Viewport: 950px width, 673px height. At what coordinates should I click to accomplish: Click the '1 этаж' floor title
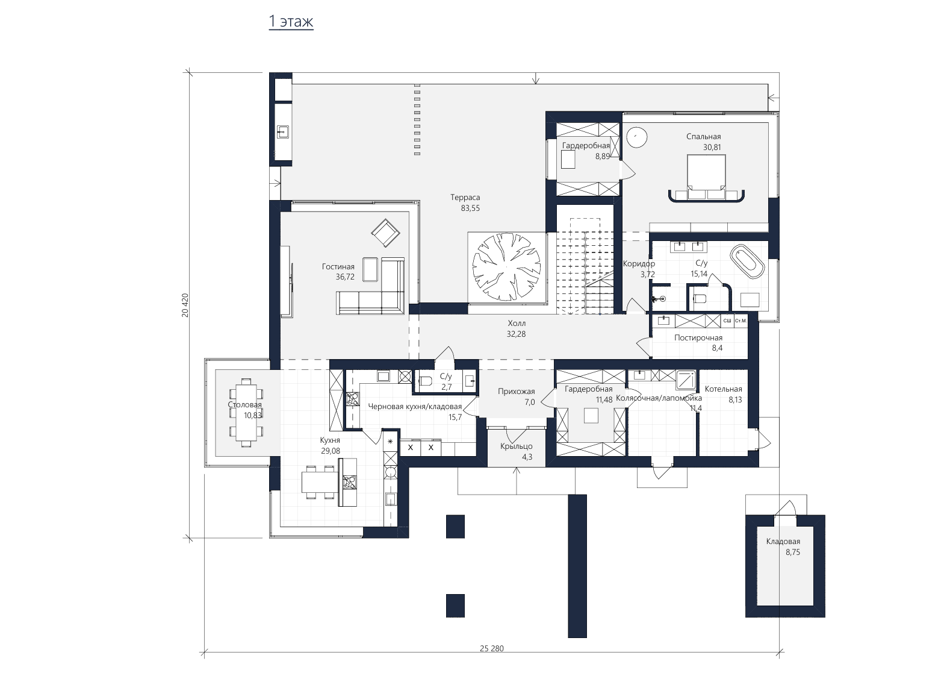tap(291, 21)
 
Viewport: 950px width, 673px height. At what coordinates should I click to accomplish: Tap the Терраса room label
tap(465, 197)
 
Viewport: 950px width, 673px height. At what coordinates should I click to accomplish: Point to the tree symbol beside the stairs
tap(506, 266)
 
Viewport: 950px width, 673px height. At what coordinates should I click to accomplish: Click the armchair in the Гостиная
tap(385, 233)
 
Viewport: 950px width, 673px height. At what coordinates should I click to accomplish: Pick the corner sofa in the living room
tap(371, 286)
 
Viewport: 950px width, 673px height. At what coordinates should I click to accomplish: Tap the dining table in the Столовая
tap(246, 413)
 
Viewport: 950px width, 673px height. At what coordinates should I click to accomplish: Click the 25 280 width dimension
tap(492, 648)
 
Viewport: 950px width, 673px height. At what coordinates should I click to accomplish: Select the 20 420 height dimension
tap(185, 305)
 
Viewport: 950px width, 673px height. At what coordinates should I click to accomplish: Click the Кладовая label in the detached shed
tap(783, 542)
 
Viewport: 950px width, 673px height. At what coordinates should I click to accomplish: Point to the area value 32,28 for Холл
tap(516, 334)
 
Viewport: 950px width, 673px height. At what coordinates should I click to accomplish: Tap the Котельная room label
tap(724, 389)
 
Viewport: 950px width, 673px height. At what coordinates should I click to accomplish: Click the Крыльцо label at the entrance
tap(516, 446)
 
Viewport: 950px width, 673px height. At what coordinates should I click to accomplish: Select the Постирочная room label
tap(698, 338)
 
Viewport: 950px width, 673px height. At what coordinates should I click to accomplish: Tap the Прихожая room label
tap(516, 391)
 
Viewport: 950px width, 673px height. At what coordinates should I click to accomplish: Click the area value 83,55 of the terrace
tap(470, 208)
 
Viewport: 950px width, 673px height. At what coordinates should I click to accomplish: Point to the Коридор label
tap(639, 264)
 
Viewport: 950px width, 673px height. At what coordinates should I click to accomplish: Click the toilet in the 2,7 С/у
tap(426, 381)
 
